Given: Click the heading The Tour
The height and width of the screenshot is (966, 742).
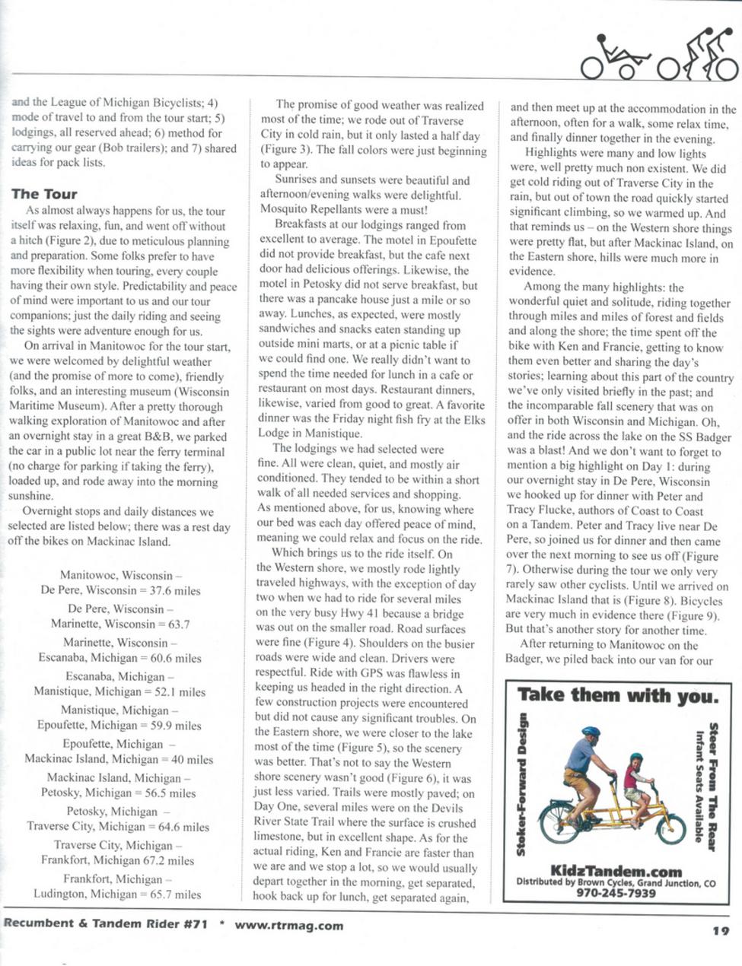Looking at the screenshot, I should [x=44, y=194].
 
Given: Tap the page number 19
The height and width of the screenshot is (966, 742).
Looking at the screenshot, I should [x=721, y=929].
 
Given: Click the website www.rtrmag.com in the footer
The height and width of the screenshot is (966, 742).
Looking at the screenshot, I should [x=288, y=926].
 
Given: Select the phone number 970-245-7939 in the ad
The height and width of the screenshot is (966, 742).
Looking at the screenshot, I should [x=616, y=893].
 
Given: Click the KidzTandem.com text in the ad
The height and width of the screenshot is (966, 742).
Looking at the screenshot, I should [x=616, y=872].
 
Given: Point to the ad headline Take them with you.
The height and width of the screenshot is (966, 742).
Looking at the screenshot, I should [x=617, y=695].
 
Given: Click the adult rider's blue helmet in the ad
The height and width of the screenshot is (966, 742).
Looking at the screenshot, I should [x=591, y=732].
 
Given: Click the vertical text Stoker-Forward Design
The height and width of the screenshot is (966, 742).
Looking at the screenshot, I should [x=523, y=783].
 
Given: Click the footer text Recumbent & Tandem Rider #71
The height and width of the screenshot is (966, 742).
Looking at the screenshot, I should [x=105, y=926].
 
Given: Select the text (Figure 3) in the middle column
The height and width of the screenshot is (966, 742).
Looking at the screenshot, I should [x=283, y=151].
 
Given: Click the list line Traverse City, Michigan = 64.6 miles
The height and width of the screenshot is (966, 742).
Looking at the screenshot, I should [x=118, y=827].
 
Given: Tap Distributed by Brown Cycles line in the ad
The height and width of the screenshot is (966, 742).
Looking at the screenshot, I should [x=616, y=883].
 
